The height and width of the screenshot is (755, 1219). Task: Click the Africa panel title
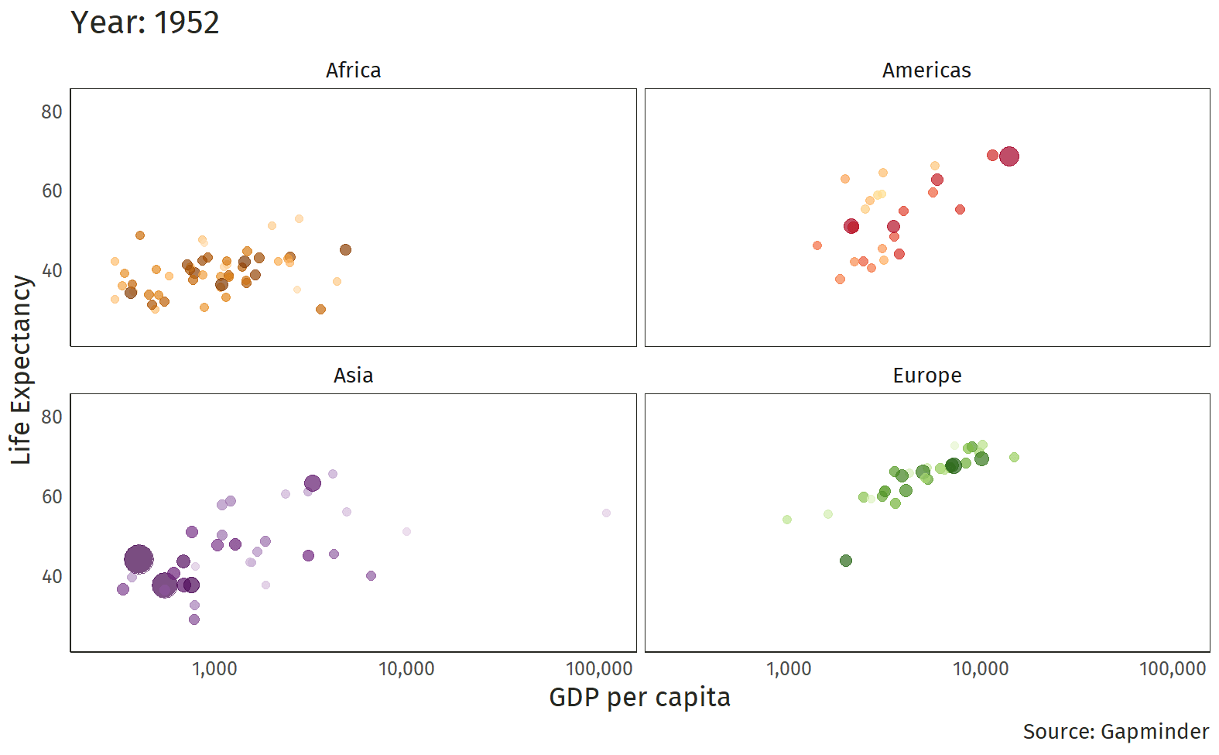click(353, 70)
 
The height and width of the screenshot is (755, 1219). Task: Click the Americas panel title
click(926, 70)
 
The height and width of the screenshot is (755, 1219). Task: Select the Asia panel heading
click(353, 376)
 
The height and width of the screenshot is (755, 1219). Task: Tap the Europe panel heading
click(926, 376)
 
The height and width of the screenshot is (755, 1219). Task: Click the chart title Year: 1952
click(145, 22)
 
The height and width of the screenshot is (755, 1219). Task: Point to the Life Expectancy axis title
click(21, 369)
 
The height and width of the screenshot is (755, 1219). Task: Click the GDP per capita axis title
click(639, 697)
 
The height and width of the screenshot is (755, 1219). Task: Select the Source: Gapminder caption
click(1115, 732)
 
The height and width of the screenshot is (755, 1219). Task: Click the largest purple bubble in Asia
click(139, 559)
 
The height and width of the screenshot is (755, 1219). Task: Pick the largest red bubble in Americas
click(1008, 156)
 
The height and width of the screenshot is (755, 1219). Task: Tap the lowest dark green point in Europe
click(845, 561)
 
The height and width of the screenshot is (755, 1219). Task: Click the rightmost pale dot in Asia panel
click(606, 513)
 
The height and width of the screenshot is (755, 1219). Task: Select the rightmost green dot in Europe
click(1014, 458)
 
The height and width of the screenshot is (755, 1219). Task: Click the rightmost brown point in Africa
click(345, 250)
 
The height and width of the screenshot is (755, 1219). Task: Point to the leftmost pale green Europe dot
click(787, 520)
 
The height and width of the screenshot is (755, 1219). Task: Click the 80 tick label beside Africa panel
click(52, 112)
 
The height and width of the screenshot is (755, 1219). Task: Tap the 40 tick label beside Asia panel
click(52, 577)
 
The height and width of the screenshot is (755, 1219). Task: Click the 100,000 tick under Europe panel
click(1173, 669)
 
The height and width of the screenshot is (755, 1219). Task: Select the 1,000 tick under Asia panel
click(214, 669)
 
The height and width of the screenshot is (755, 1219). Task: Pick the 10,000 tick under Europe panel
click(980, 669)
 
